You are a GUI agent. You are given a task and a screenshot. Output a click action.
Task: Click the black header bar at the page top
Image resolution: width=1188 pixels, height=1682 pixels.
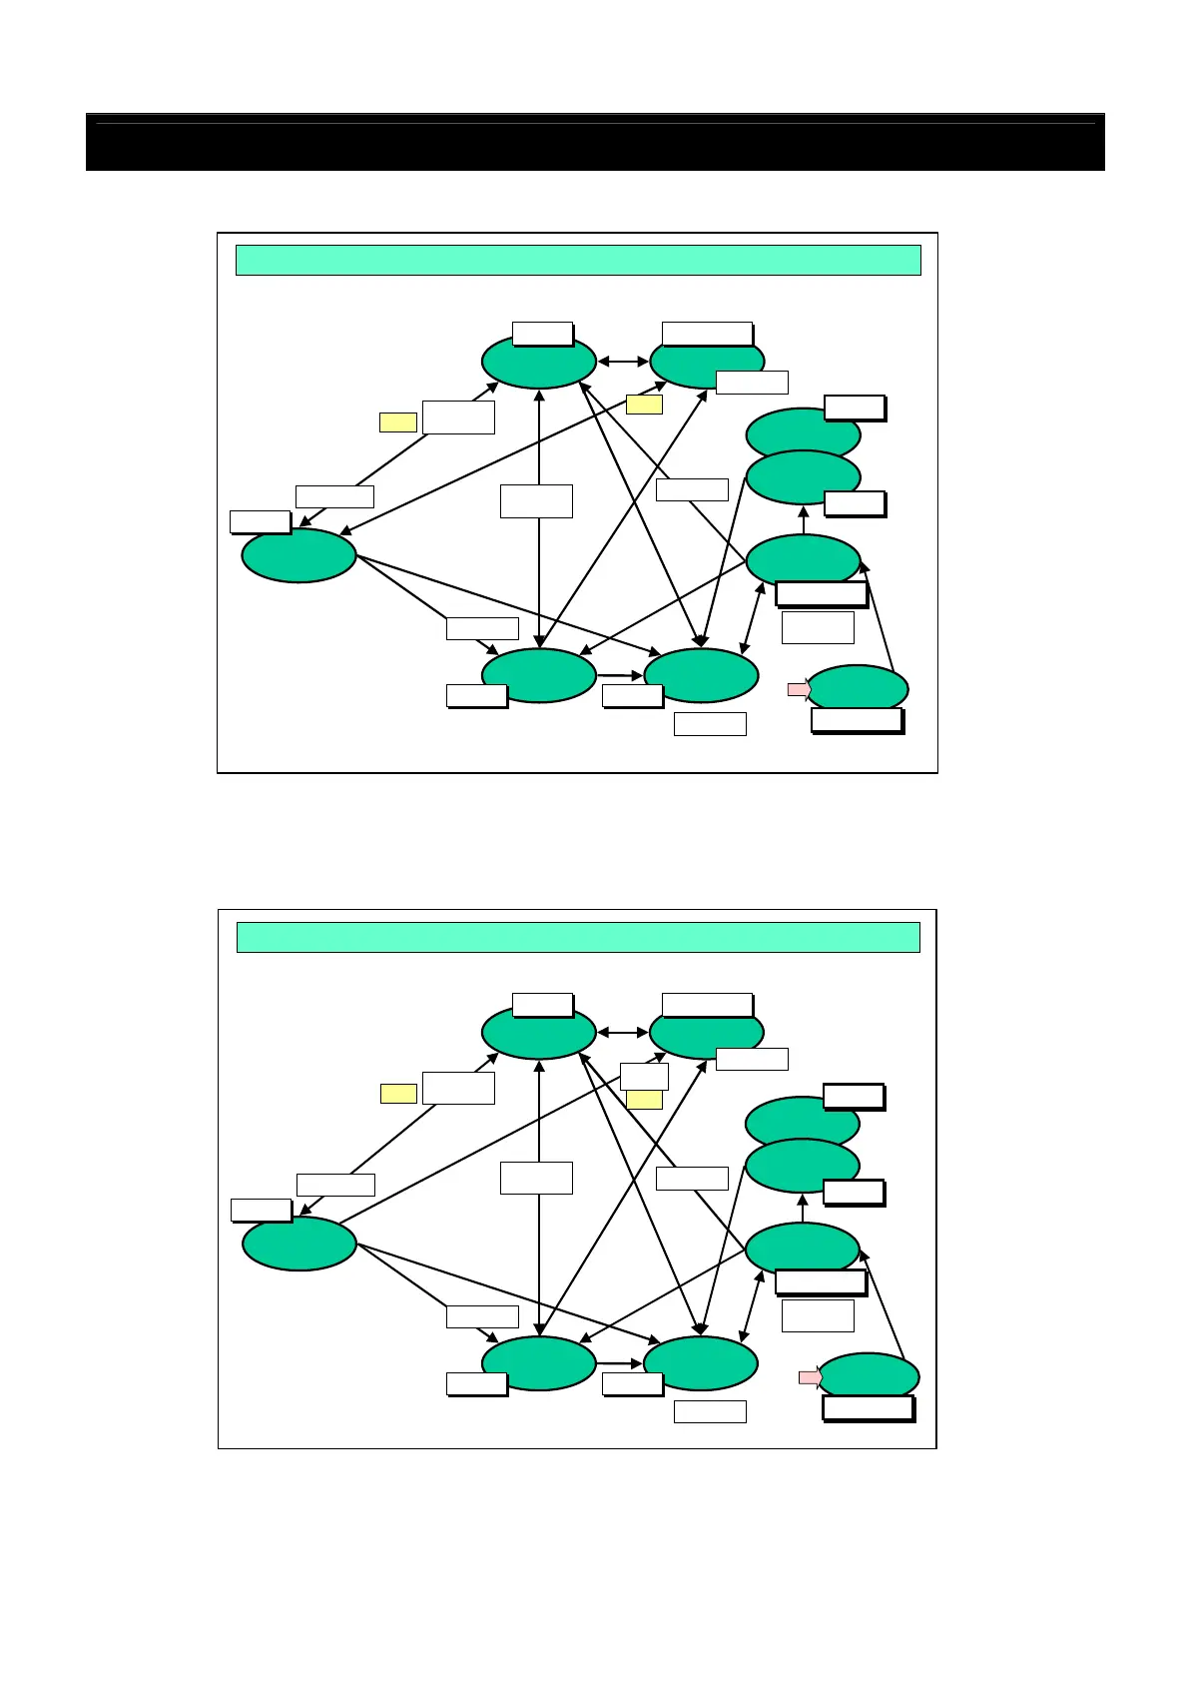595,142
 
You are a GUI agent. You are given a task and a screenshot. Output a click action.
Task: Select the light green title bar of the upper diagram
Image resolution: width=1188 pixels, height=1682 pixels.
577,260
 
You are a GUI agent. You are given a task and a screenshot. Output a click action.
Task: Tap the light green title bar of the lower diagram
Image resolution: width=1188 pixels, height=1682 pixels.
577,938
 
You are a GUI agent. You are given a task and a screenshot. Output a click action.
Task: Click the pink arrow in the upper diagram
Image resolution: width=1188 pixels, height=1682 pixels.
799,689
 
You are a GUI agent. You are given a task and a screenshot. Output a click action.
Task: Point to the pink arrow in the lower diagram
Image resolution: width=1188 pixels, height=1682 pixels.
810,1377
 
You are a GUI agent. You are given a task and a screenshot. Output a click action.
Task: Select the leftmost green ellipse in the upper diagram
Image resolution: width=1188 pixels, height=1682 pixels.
298,555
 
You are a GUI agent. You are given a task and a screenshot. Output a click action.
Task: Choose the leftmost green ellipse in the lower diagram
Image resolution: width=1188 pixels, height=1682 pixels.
298,1244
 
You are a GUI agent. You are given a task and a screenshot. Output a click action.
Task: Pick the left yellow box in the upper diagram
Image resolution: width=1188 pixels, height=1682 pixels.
397,422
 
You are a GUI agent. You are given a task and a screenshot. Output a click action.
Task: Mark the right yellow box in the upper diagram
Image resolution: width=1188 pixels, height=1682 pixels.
644,405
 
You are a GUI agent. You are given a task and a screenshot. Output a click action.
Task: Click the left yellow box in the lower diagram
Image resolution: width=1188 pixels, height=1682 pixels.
398,1094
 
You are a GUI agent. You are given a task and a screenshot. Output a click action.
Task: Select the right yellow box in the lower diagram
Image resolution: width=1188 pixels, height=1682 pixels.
644,1100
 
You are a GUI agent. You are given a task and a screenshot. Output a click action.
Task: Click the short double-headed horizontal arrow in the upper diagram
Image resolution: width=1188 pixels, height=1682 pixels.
623,362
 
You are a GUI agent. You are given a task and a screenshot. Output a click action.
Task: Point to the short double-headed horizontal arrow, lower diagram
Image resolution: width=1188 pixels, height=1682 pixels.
623,1033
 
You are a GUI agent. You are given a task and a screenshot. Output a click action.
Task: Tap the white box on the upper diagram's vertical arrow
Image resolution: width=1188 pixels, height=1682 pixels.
536,501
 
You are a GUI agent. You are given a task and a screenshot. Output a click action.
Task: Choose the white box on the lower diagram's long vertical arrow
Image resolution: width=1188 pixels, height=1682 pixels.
536,1178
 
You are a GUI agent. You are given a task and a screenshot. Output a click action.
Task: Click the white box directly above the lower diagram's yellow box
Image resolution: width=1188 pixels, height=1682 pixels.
644,1077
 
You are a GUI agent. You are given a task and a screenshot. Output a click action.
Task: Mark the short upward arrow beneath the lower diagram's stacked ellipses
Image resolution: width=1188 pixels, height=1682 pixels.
803,1208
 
